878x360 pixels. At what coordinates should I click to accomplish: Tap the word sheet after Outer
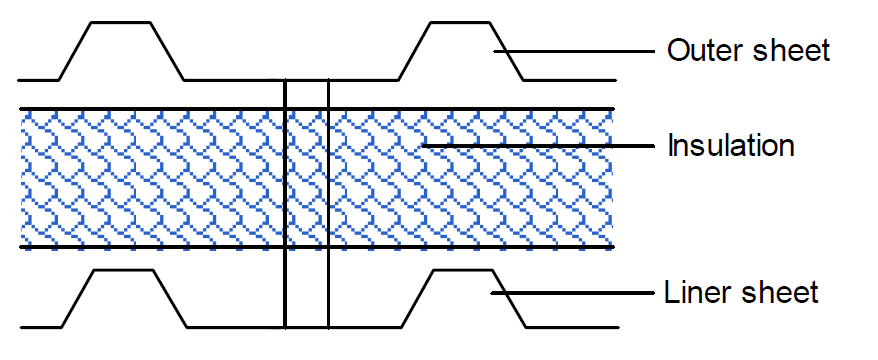tap(794, 50)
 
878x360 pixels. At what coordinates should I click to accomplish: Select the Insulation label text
tap(730, 146)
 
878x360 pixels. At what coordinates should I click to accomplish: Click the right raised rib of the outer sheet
tap(460, 24)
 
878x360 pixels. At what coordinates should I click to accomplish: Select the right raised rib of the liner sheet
tap(461, 271)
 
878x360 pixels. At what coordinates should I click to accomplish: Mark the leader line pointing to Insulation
tap(540, 146)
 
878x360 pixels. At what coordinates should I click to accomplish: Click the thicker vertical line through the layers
tap(285, 200)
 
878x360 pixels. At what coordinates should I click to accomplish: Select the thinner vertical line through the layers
tap(328, 200)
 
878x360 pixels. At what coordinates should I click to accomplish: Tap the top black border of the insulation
tap(150, 109)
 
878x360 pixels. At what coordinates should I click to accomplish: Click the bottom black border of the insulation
tap(150, 246)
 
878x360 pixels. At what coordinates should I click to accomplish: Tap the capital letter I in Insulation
tap(671, 146)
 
